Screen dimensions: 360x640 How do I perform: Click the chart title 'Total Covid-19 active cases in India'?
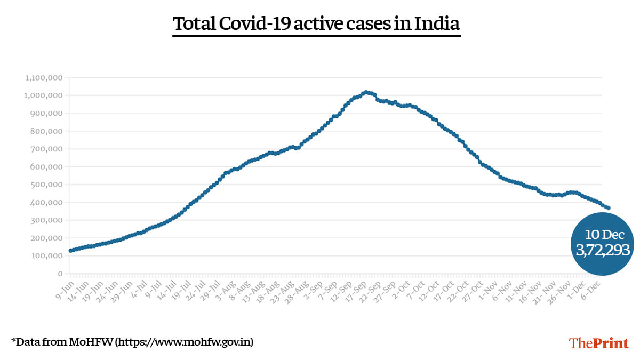(x=316, y=24)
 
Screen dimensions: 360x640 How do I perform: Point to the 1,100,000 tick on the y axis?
(x=44, y=78)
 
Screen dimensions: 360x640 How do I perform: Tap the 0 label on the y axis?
(x=61, y=274)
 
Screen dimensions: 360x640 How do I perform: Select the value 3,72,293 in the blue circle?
(x=603, y=250)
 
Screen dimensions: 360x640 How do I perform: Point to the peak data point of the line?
(x=365, y=92)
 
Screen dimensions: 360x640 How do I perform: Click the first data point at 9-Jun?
(x=70, y=250)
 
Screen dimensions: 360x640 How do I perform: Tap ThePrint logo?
(x=598, y=343)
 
